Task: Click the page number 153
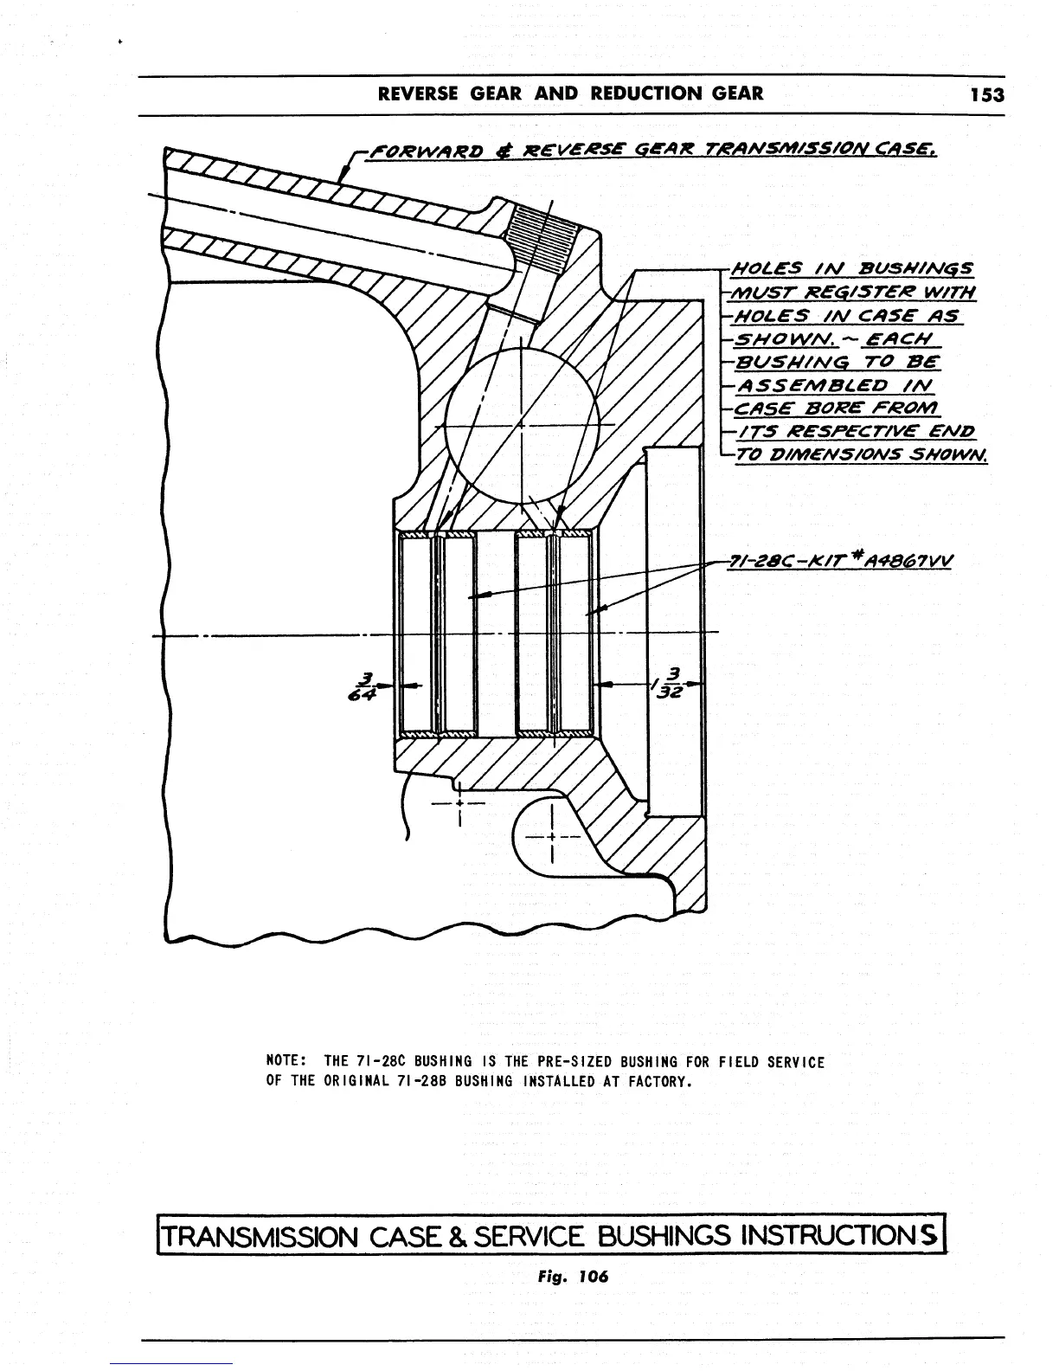coord(987,94)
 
